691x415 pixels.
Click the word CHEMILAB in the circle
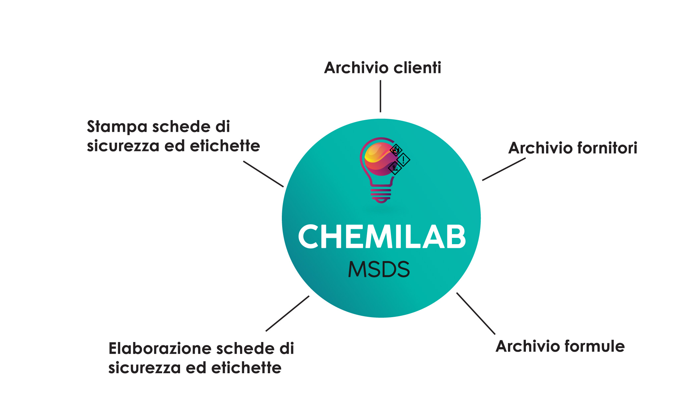tap(382, 237)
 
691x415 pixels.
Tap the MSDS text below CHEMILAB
tap(379, 269)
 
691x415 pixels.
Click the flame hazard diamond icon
tap(396, 150)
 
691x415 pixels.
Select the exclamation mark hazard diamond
tap(403, 160)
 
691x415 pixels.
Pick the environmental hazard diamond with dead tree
tap(395, 168)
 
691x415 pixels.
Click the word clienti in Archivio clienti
tap(418, 68)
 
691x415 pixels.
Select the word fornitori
tap(607, 148)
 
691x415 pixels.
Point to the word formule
tap(595, 346)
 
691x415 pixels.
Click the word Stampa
tap(117, 127)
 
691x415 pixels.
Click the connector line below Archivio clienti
tap(380, 96)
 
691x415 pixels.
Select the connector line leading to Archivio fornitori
tap(504, 169)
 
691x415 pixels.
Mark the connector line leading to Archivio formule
tap(475, 313)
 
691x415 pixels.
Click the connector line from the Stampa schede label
tap(263, 174)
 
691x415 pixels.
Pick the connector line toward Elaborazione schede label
tap(287, 313)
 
